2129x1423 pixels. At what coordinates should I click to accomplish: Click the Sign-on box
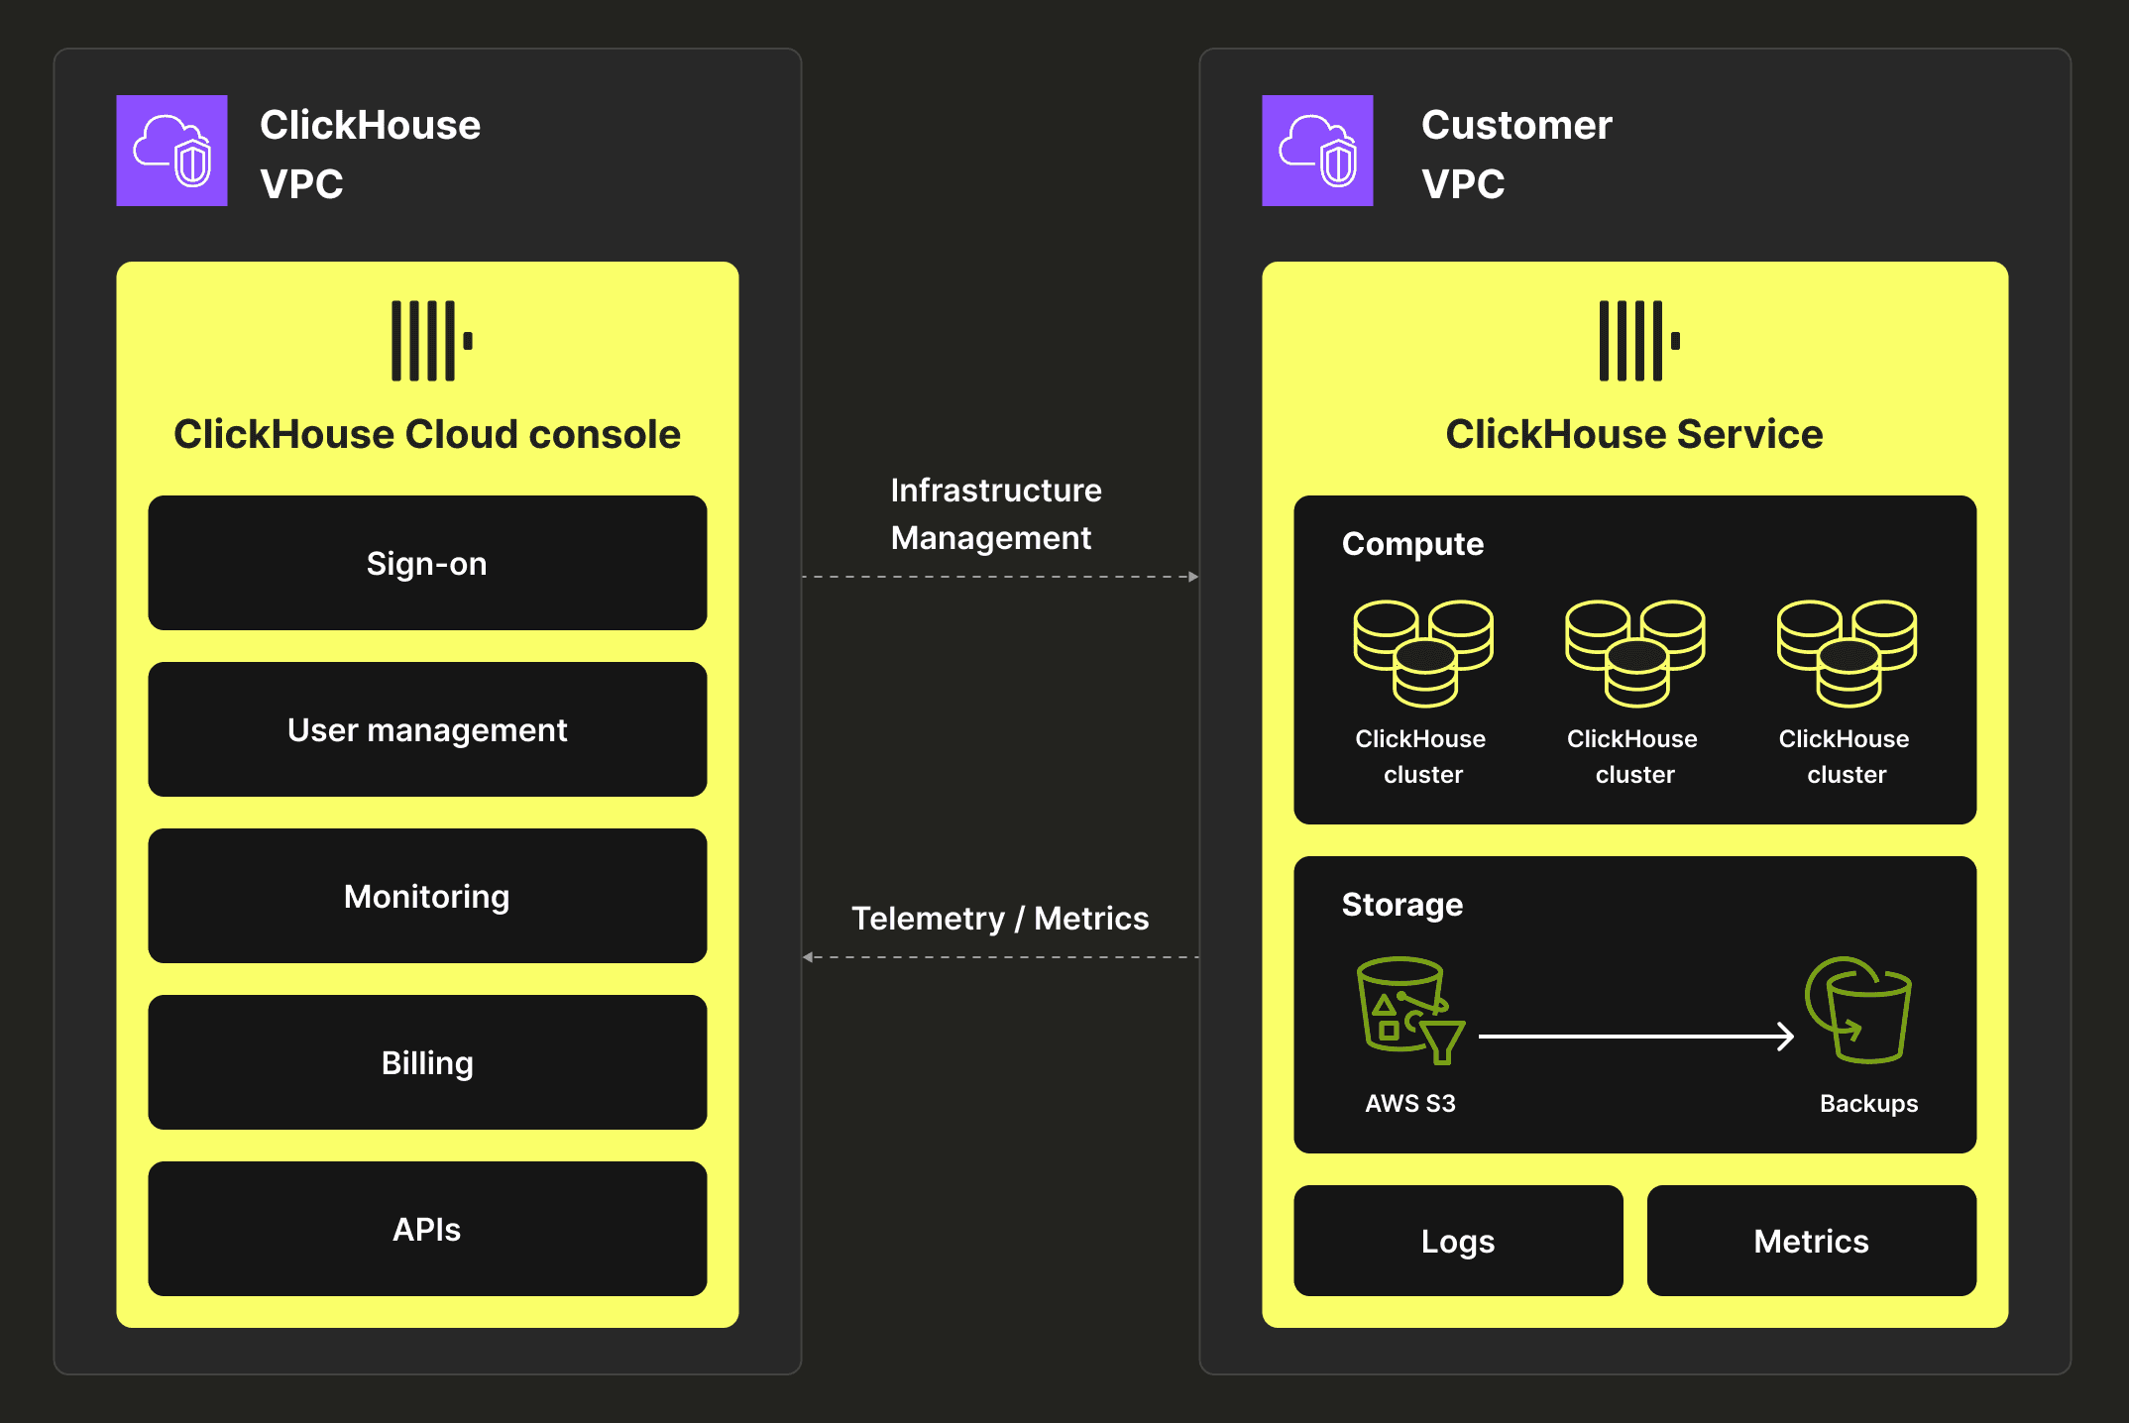click(x=427, y=563)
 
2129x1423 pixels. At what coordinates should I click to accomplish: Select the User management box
click(x=427, y=729)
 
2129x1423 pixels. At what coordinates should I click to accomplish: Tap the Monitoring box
click(x=427, y=896)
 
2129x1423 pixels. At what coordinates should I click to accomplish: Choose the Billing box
click(x=427, y=1062)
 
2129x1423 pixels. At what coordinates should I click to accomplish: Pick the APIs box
click(x=427, y=1229)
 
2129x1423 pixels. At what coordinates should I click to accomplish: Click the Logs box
click(x=1458, y=1241)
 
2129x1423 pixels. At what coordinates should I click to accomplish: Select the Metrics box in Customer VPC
click(x=1811, y=1241)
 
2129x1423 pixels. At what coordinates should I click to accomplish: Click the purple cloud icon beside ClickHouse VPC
click(x=172, y=151)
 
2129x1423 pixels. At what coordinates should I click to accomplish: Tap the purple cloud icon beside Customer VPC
click(x=1317, y=151)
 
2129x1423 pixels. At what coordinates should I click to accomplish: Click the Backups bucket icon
click(x=1859, y=1009)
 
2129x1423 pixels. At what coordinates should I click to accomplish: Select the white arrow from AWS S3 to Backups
click(x=1635, y=1037)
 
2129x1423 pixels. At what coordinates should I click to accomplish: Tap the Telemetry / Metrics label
click(x=999, y=919)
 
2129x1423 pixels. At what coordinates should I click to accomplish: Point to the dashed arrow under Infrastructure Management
click(x=999, y=577)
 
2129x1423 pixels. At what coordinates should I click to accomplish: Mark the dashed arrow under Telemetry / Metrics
click(x=999, y=957)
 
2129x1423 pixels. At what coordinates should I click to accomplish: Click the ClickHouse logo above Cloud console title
click(x=431, y=341)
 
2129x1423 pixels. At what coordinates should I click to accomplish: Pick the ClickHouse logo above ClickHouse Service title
click(x=1638, y=341)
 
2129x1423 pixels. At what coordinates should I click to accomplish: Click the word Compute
click(x=1412, y=544)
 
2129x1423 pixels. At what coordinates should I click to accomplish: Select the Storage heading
click(x=1401, y=905)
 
